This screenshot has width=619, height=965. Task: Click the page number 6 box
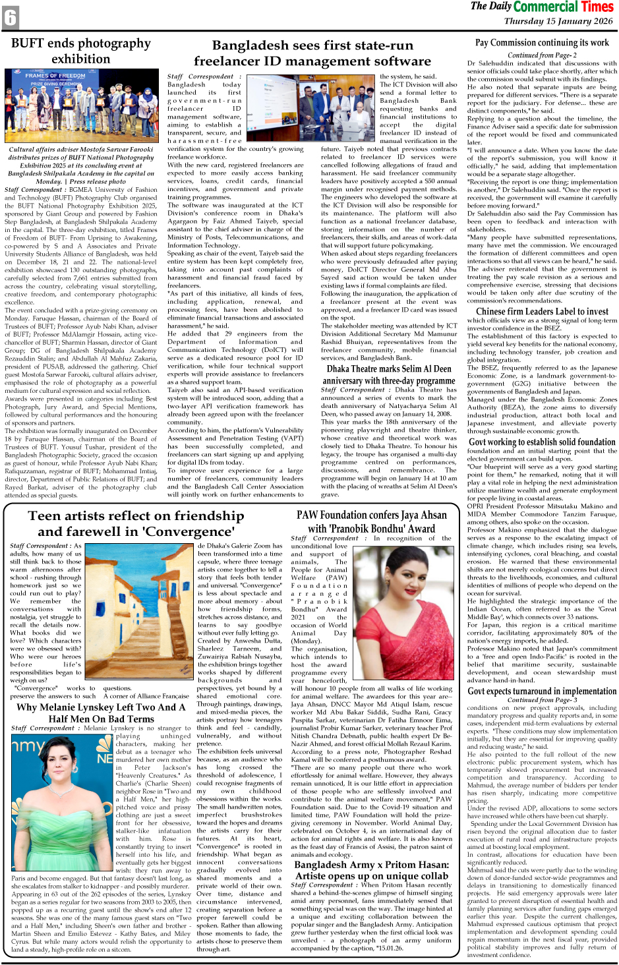(x=10, y=18)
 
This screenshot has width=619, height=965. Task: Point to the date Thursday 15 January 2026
(x=558, y=21)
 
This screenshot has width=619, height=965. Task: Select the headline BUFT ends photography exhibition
(x=80, y=51)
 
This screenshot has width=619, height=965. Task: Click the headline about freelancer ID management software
(x=312, y=53)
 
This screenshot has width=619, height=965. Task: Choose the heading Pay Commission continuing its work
(x=542, y=43)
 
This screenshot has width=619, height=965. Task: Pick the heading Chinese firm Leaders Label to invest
(x=542, y=311)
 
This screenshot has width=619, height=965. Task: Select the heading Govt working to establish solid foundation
(x=542, y=442)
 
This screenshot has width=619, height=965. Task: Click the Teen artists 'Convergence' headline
(x=136, y=523)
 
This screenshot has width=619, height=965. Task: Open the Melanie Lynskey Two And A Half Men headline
(x=96, y=713)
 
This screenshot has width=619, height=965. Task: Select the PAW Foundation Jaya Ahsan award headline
(x=371, y=521)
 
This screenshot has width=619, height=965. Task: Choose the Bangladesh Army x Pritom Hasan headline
(x=371, y=870)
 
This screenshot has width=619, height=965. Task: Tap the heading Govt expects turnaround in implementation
(x=542, y=691)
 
